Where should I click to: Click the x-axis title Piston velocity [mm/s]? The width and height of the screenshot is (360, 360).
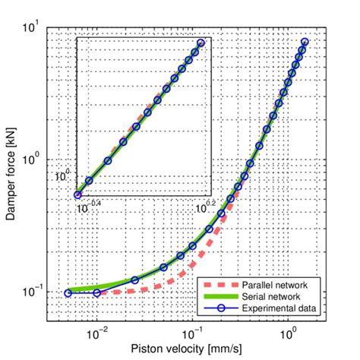tap(187, 350)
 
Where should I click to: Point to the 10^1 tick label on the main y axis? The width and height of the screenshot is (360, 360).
tap(33, 28)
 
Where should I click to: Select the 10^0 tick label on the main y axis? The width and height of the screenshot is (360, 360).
tap(33, 160)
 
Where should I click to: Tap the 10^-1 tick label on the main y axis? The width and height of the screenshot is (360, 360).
tap(32, 292)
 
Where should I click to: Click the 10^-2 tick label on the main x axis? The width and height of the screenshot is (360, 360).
tap(96, 333)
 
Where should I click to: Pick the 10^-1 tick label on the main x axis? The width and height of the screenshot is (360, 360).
tap(192, 333)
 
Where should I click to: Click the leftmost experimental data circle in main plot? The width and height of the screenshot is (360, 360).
tap(68, 292)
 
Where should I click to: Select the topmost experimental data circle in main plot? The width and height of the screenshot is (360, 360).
tap(305, 42)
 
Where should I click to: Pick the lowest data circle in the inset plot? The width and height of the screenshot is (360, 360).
tap(77, 194)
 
